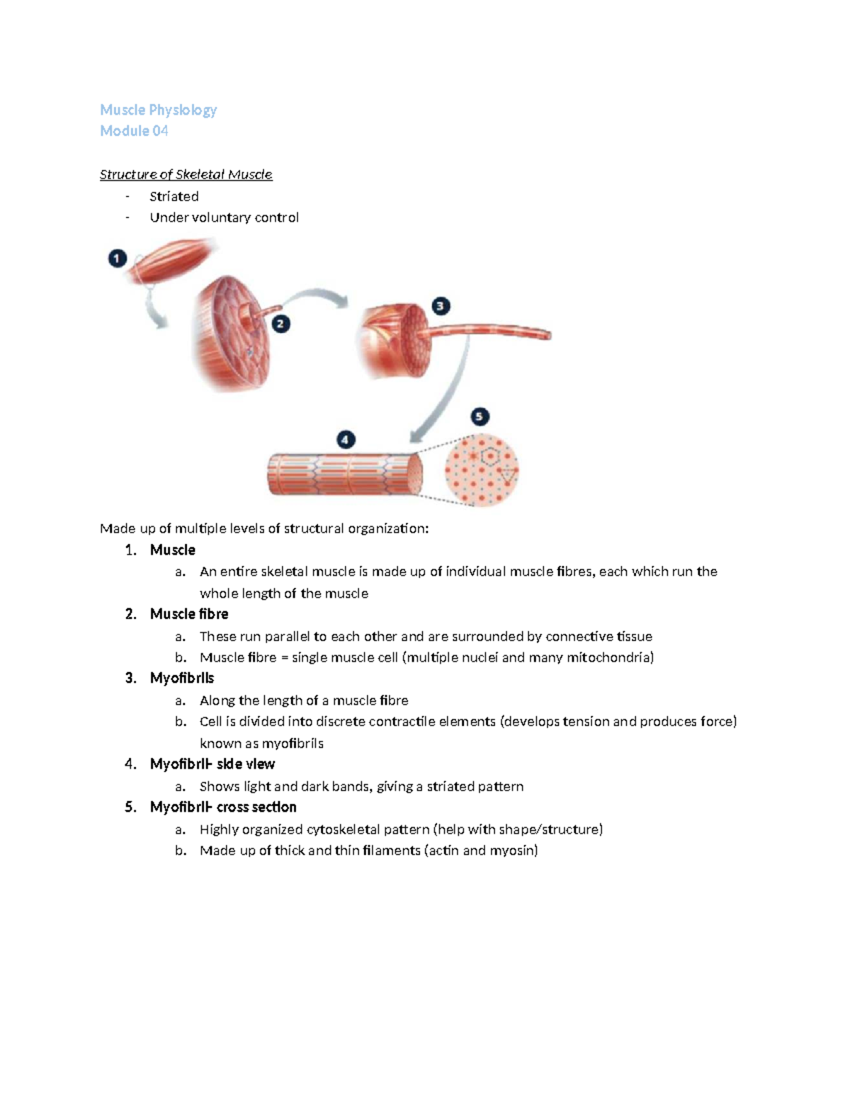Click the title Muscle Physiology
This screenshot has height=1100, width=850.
[158, 110]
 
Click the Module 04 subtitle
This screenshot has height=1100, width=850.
[134, 131]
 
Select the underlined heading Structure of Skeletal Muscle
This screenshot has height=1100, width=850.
[186, 174]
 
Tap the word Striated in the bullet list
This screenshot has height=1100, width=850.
[174, 196]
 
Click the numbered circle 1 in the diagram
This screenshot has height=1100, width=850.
[118, 259]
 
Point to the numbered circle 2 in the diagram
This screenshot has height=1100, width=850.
[280, 324]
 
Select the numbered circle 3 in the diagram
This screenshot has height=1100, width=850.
[441, 306]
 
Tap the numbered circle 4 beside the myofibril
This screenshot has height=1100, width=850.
[345, 440]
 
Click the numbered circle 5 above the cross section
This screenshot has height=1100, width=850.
[480, 416]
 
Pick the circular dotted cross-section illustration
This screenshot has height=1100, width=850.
[481, 470]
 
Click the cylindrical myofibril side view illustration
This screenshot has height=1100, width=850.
[344, 474]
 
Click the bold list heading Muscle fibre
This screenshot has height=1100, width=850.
[188, 614]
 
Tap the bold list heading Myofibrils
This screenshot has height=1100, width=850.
[181, 678]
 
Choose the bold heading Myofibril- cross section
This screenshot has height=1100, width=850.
[222, 807]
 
